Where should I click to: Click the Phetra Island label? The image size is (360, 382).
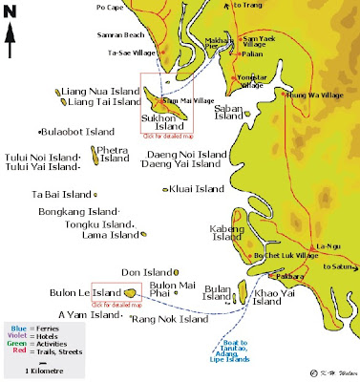pos(115,154)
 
